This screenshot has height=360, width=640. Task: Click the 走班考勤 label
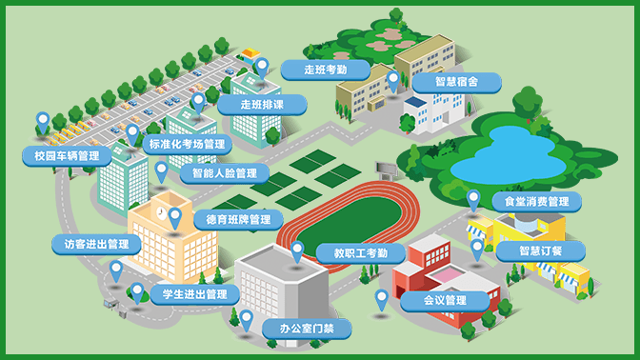[x=325, y=70]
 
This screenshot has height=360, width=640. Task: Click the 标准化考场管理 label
[x=188, y=145]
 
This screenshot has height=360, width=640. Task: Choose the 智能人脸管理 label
[x=224, y=174]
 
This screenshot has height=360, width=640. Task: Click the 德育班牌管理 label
[x=238, y=219]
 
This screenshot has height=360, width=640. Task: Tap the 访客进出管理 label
[x=97, y=244]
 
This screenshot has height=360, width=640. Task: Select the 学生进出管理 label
[x=195, y=293]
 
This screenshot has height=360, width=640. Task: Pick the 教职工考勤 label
[x=354, y=252]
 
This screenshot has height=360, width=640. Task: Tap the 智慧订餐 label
[x=540, y=250]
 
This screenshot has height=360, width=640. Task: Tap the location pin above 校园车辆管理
[x=42, y=122]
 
